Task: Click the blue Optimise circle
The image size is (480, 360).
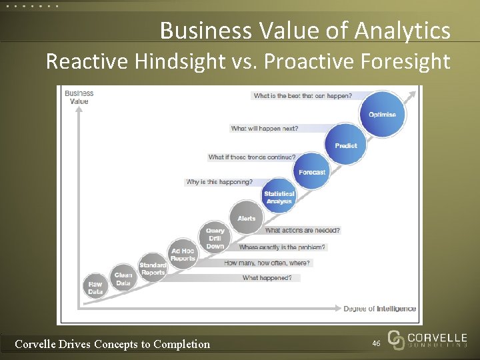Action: [x=382, y=114]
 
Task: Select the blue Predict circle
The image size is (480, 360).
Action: [x=345, y=144]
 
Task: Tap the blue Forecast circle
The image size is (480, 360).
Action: [x=312, y=171]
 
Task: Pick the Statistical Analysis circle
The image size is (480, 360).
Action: [x=279, y=197]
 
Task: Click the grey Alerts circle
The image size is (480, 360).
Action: [x=246, y=219]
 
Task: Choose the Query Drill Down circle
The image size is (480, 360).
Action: [x=215, y=238]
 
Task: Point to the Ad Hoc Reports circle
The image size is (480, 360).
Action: [x=183, y=255]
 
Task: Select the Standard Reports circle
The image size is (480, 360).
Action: [x=153, y=269]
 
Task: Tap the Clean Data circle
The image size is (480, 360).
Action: [x=123, y=279]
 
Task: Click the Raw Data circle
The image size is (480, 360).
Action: [x=95, y=287]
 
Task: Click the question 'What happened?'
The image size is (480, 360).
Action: [x=267, y=278]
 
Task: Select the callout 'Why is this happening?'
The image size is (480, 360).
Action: [x=219, y=182]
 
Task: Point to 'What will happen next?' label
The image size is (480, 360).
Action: [x=265, y=128]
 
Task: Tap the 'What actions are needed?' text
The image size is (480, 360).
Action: [x=302, y=230]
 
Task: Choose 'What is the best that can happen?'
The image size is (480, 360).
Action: [x=303, y=96]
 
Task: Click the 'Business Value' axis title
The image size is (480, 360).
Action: [x=79, y=97]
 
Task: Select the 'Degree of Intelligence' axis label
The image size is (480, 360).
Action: [x=379, y=309]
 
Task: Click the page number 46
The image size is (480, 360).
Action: [x=376, y=343]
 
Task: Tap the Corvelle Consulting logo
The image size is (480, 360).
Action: [x=427, y=340]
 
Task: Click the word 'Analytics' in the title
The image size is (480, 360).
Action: [x=403, y=31]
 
